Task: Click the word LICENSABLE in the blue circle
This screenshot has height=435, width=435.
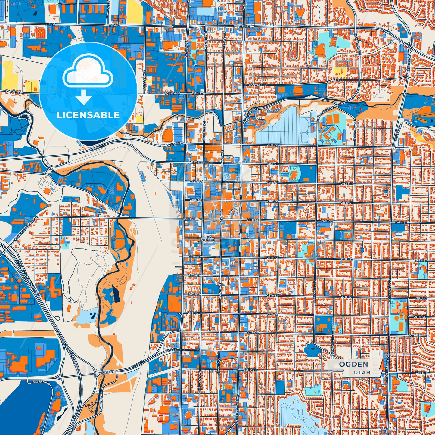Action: (88, 115)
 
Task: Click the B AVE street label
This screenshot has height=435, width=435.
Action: (101, 210)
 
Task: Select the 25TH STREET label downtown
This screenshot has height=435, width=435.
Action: (207, 238)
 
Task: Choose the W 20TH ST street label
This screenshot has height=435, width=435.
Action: (175, 144)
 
